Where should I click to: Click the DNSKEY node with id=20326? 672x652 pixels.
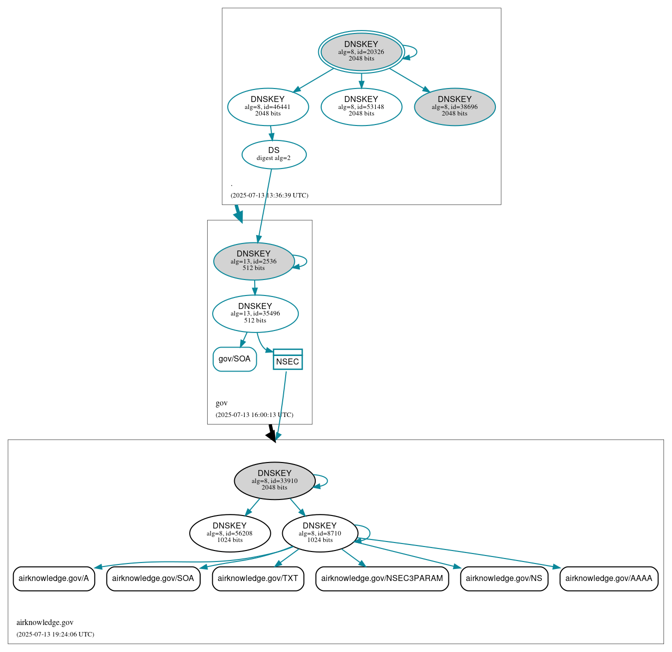(361, 51)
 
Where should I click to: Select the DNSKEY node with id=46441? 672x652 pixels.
(268, 106)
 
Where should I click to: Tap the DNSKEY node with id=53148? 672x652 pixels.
(361, 106)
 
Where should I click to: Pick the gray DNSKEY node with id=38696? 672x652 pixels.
(454, 106)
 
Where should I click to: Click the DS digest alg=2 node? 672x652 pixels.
(274, 154)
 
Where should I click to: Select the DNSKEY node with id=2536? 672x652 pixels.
(254, 261)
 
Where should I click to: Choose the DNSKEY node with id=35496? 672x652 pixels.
(255, 313)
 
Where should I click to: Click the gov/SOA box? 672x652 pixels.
(235, 359)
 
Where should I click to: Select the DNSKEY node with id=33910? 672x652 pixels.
(274, 480)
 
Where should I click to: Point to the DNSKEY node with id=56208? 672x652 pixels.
(230, 533)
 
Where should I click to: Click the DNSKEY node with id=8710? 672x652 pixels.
(320, 533)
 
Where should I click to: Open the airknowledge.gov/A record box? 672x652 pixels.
(54, 578)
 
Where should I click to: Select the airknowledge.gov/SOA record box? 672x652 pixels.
(153, 578)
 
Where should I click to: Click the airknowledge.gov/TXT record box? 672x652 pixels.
(258, 578)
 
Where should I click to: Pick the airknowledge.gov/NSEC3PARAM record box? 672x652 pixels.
(382, 578)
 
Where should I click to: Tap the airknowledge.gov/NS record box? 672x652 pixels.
(504, 578)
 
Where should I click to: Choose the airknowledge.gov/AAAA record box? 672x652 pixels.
(608, 578)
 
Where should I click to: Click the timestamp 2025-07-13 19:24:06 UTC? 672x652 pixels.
(55, 634)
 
